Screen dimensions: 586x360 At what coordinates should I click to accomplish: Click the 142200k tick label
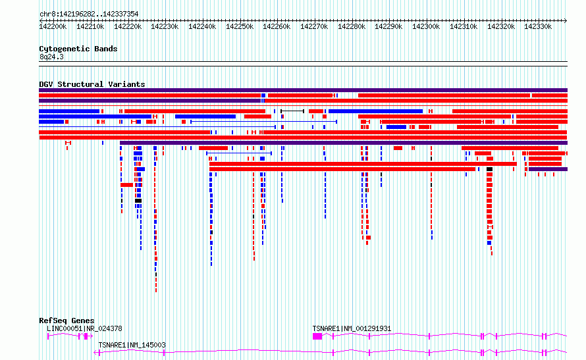pos(53,26)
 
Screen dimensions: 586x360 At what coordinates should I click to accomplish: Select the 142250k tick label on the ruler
pos(240,26)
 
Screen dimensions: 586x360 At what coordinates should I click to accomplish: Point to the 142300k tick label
pos(426,26)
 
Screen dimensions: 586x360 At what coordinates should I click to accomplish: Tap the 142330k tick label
pos(538,26)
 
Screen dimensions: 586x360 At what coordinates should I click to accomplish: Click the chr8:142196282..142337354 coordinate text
pos(89,14)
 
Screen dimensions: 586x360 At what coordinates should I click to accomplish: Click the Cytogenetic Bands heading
pos(78,49)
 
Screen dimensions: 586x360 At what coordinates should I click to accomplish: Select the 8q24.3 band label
pos(51,57)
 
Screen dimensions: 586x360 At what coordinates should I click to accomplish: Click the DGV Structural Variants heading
pos(92,84)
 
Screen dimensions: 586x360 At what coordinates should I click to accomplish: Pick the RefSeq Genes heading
pos(67,321)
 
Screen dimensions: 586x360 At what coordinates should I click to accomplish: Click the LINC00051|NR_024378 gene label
pos(84,328)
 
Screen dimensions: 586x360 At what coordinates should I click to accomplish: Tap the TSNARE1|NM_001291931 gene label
pos(352,328)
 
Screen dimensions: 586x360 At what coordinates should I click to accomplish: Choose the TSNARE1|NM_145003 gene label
pos(132,345)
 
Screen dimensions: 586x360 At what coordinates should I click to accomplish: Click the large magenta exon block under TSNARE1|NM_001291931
pos(317,336)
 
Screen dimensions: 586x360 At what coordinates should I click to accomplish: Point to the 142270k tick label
pos(314,26)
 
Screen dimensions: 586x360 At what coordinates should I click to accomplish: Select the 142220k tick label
pos(128,26)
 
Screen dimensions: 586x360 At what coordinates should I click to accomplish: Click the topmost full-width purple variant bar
pos(303,90)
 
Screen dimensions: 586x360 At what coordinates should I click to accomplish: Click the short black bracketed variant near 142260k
pos(292,111)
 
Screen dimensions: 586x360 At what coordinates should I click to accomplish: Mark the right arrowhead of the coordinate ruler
pos(566,20)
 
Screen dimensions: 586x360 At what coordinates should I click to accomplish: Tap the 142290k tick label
pos(388,26)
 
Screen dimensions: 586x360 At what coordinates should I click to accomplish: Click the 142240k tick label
pos(202,26)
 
